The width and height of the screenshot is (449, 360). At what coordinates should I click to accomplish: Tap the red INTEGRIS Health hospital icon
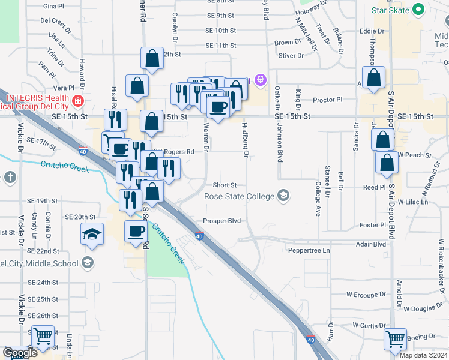pos(77,101)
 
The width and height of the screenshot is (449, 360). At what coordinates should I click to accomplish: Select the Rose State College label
pos(239,196)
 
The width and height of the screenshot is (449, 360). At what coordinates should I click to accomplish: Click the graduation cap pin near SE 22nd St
pos(92,234)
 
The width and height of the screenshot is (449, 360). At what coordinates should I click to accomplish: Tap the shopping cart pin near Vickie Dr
pos(43,337)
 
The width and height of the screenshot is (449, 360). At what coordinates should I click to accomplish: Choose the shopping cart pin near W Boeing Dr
pos(396,340)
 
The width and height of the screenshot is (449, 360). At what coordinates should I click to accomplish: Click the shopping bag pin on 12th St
pos(152,59)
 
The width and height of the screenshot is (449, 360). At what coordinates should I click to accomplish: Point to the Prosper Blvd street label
pos(221,221)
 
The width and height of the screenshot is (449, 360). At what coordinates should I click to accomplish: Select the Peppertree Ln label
pos(309,250)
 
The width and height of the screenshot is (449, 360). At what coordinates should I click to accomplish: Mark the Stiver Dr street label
pos(291,56)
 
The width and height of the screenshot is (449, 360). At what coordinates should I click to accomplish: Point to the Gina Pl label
pos(53,6)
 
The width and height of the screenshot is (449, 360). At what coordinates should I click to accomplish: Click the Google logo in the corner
pos(20,353)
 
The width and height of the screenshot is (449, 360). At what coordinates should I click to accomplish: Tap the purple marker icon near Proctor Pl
pos(261,79)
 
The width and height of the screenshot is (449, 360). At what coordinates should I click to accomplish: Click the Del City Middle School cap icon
pos(88,263)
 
